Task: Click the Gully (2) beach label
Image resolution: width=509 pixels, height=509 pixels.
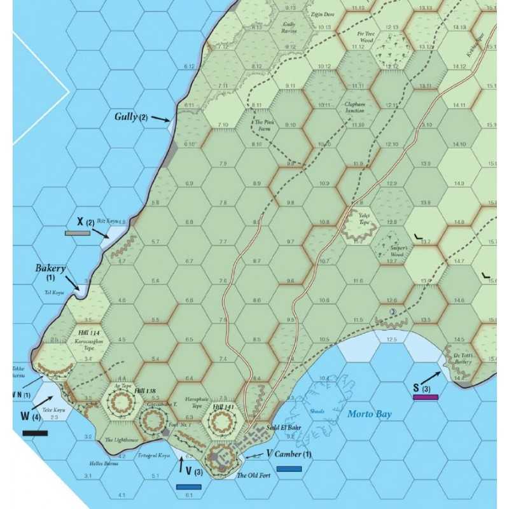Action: pyautogui.click(x=131, y=117)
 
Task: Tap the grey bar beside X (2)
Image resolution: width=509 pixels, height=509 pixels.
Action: pyautogui.click(x=77, y=234)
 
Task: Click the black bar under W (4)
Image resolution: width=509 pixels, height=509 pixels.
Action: pyautogui.click(x=34, y=433)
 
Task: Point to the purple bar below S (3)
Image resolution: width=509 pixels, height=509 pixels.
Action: pyautogui.click(x=425, y=397)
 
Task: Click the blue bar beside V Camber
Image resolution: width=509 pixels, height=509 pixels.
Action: pyautogui.click(x=289, y=469)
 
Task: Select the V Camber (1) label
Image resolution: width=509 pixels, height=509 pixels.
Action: pyautogui.click(x=289, y=454)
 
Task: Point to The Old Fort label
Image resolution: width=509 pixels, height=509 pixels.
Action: pyautogui.click(x=250, y=475)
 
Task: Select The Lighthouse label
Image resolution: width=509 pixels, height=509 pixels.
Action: pyautogui.click(x=122, y=440)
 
